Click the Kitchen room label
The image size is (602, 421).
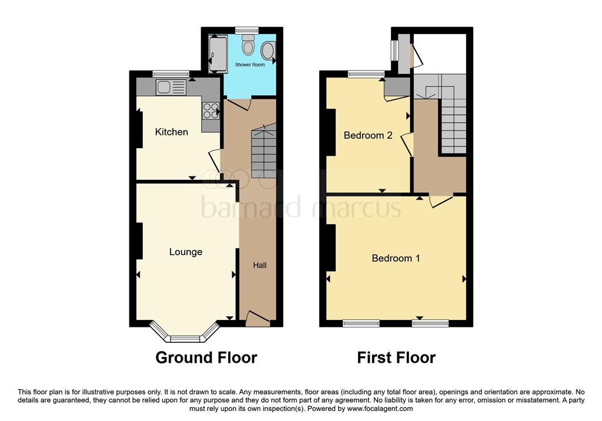point(172,132)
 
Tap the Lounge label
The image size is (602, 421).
point(186,252)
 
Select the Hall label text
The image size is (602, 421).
point(260,265)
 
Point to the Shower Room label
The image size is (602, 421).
point(250,64)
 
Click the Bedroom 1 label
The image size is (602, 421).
point(396,258)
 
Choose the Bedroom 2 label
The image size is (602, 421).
point(368,135)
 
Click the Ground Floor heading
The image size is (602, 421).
point(206,357)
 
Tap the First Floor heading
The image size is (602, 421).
point(396,357)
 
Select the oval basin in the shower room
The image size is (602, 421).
point(267,51)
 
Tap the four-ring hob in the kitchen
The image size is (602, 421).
point(210,111)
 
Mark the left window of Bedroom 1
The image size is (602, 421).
point(361,322)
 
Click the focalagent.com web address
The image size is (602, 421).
point(380,409)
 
